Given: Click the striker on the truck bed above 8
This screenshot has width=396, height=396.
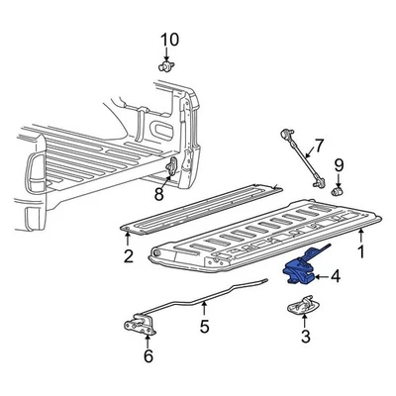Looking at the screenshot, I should click(x=174, y=163).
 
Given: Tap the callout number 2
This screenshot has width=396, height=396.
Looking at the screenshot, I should click(x=128, y=258).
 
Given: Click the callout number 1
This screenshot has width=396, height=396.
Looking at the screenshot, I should click(x=361, y=253).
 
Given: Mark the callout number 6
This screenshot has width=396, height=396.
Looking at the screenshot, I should click(x=148, y=355).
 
